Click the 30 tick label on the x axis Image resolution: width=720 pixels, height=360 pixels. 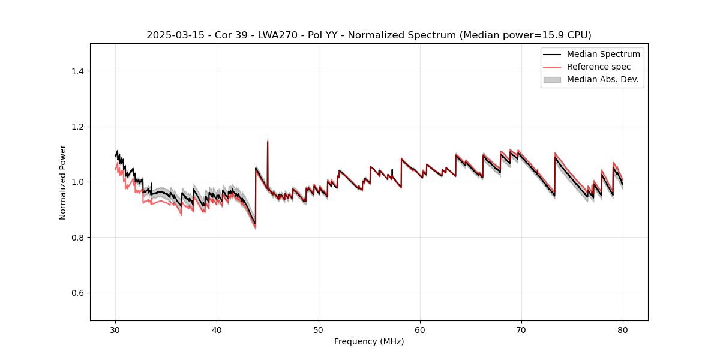tap(115, 330)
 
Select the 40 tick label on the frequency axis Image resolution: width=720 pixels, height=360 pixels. tap(217, 330)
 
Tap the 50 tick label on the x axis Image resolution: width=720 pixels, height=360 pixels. tap(318, 330)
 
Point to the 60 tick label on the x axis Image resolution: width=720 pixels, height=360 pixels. tap(420, 330)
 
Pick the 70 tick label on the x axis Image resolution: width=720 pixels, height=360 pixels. tap(521, 330)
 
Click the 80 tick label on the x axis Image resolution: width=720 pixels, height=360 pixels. tap(623, 330)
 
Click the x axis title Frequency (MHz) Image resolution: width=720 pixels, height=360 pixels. tap(369, 341)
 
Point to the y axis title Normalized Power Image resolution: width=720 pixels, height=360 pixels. tap(62, 182)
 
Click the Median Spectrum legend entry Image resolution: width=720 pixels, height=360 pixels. tap(603, 54)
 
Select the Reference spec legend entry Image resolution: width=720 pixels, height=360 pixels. tap(598, 67)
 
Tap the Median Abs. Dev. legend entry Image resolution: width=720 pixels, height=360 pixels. tap(602, 79)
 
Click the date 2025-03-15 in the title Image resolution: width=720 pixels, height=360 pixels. tap(170, 35)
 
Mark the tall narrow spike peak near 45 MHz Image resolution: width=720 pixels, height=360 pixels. tap(267, 141)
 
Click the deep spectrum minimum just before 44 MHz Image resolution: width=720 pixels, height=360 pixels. tap(255, 225)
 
